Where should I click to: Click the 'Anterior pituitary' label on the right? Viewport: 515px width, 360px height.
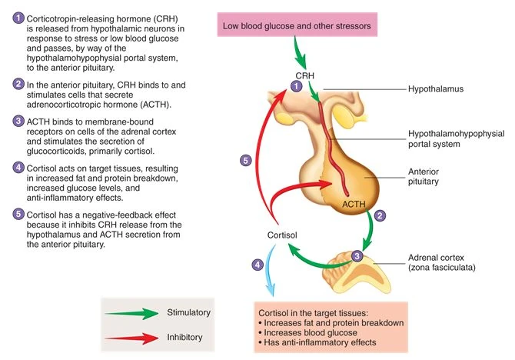click(x=434, y=178)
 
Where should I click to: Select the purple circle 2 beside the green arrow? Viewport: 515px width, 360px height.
click(x=380, y=218)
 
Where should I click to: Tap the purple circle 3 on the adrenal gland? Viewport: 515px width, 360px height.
click(x=357, y=255)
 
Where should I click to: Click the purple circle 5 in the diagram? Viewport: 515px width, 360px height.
click(x=244, y=161)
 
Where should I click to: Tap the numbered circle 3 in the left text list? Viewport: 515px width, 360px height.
click(x=8, y=122)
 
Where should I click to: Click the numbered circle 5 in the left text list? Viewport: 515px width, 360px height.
click(x=8, y=213)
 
